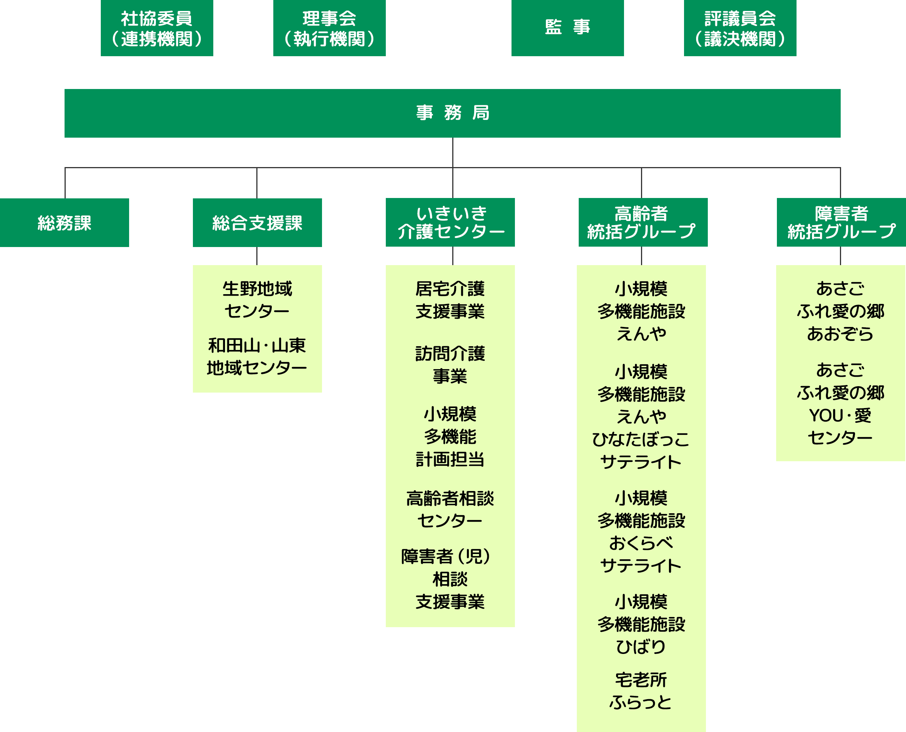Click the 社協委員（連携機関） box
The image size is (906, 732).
pos(157,28)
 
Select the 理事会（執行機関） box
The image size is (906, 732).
pos(329,28)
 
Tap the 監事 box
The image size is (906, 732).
pos(567,28)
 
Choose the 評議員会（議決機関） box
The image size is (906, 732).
pos(740,28)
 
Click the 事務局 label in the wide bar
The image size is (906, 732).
pos(452,113)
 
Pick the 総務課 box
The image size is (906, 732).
pos(64,223)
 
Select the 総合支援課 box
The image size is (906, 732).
pos(257,223)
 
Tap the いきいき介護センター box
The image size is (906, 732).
pos(450,222)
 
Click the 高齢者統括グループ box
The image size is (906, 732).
pos(643,222)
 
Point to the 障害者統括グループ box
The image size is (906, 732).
pos(841,222)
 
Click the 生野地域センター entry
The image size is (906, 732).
pos(257,300)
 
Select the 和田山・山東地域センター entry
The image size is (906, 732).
pos(257,357)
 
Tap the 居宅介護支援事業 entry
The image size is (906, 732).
pos(450,300)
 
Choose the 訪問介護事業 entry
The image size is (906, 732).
pos(450,365)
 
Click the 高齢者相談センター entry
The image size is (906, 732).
pos(450,509)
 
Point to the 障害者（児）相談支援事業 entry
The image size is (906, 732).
pos(450,579)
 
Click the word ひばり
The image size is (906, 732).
pos(641,647)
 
